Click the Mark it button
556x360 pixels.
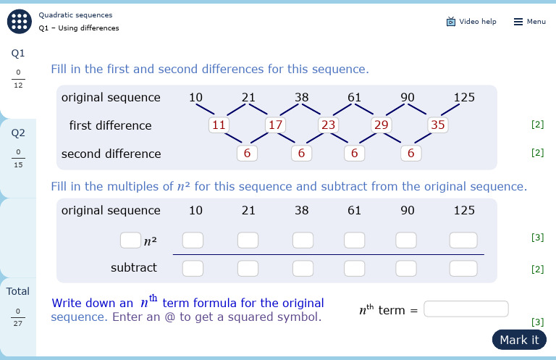coord(519,340)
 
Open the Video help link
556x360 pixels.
coord(471,22)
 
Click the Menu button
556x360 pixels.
coord(530,22)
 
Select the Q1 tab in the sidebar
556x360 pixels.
coord(18,70)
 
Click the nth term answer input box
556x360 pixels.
coord(466,309)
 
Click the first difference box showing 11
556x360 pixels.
coord(219,125)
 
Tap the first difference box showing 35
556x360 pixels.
coord(438,125)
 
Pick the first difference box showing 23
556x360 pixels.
coord(329,125)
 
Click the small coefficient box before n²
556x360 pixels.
coord(130,240)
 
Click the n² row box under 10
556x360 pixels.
coord(193,240)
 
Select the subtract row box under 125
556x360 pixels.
coord(463,268)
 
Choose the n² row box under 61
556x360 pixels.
coord(355,240)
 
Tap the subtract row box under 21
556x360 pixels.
coord(248,268)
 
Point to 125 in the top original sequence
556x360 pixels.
coord(464,97)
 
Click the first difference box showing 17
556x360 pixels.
coord(275,125)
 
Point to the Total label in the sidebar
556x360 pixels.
coord(18,291)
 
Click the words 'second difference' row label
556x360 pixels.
coord(111,154)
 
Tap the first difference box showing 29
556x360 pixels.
coord(382,125)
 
